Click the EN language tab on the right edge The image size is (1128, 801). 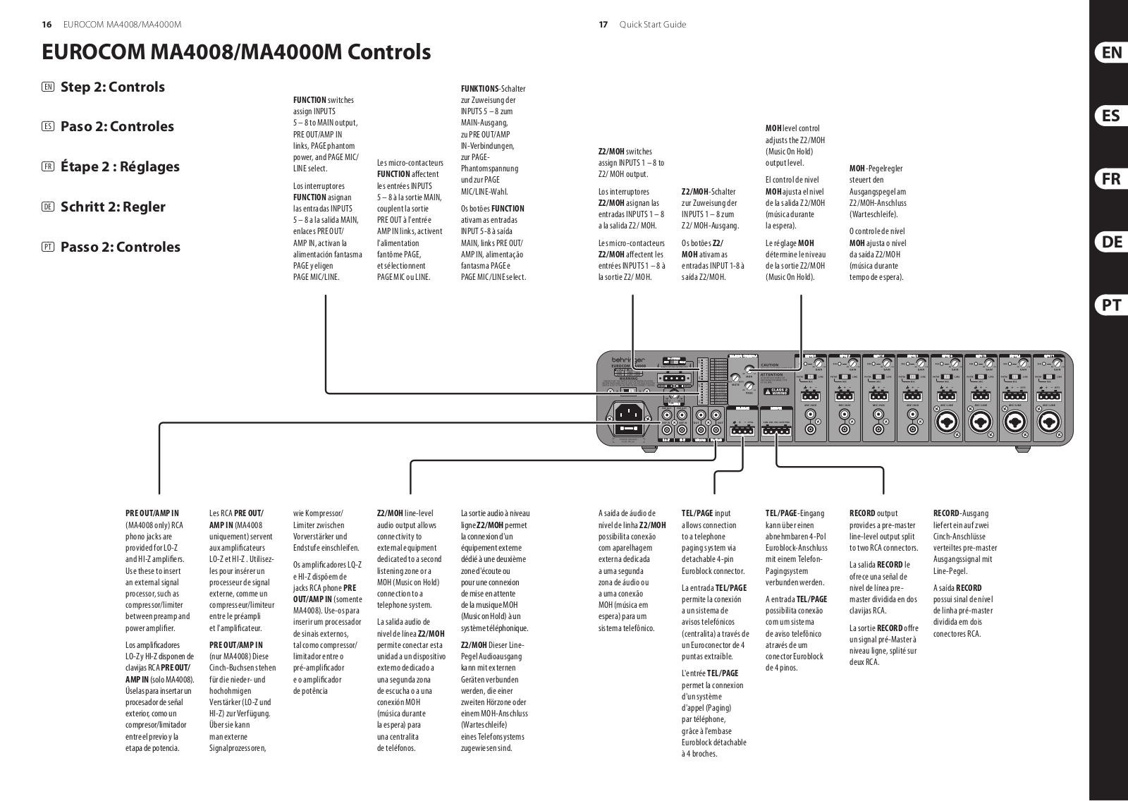[1111, 52]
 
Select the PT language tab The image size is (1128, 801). [1111, 305]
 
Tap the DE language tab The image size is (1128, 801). [1111, 242]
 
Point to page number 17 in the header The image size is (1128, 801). [603, 25]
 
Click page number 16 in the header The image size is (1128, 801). [47, 25]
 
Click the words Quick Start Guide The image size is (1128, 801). [652, 25]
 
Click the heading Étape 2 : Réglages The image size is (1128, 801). [120, 166]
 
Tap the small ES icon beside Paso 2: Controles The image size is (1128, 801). [48, 127]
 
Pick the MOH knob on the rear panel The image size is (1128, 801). [747, 370]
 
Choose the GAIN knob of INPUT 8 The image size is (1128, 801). [819, 364]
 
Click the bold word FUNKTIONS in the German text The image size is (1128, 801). [479, 89]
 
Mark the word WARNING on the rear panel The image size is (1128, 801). [627, 379]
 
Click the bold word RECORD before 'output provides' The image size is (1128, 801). [862, 513]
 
